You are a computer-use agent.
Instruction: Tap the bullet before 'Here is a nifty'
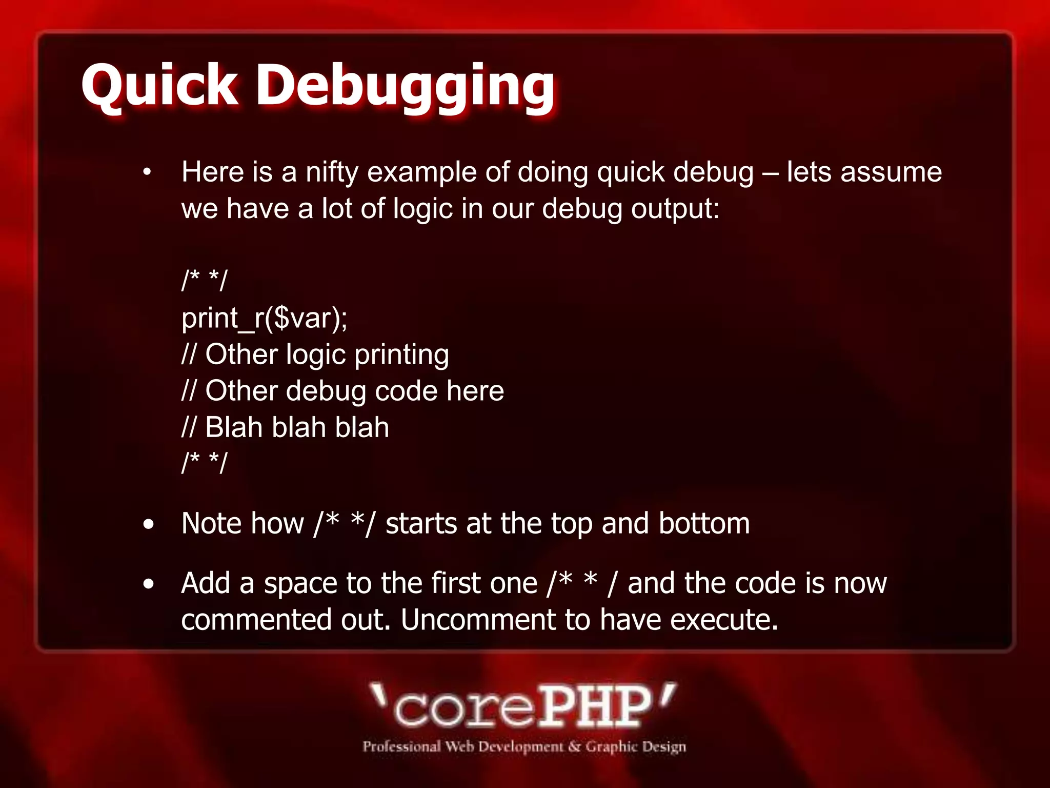click(x=148, y=173)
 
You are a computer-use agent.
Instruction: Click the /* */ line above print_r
click(x=204, y=281)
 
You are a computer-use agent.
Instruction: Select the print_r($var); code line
click(x=265, y=318)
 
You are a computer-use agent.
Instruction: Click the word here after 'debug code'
click(x=475, y=391)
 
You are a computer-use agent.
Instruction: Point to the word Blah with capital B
click(x=233, y=427)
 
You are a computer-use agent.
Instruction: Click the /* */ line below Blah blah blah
click(x=204, y=463)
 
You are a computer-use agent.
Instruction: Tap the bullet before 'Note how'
click(x=149, y=525)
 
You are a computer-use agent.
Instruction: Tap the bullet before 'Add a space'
click(x=149, y=584)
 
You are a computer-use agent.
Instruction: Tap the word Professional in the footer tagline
click(x=401, y=746)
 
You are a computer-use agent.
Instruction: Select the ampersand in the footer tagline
click(x=575, y=746)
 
